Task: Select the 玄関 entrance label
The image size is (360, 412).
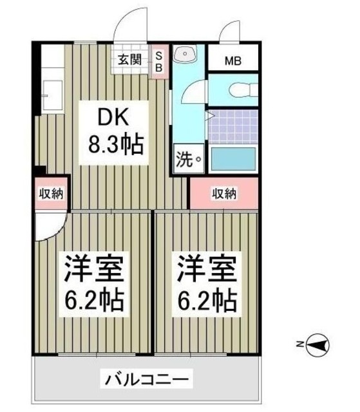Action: point(129,61)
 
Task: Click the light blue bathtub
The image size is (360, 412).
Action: point(234,158)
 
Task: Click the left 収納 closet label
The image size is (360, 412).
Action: point(50,192)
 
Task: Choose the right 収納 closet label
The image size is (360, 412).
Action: point(225,192)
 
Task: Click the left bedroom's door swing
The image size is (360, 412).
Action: point(48,226)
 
